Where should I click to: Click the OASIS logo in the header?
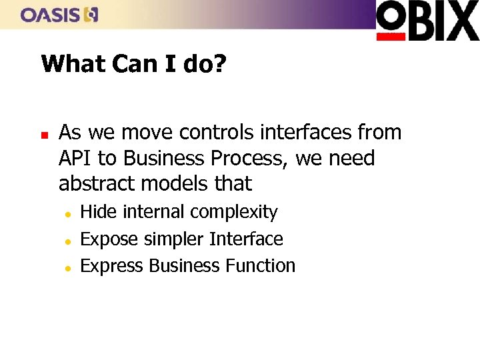pos(59,14)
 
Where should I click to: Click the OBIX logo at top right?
pos(427,21)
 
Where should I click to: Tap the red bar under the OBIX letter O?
pos(391,37)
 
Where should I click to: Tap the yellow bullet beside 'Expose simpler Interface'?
pos(68,240)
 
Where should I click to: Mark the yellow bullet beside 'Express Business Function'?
pos(68,267)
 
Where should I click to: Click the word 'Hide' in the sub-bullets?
pos(98,212)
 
